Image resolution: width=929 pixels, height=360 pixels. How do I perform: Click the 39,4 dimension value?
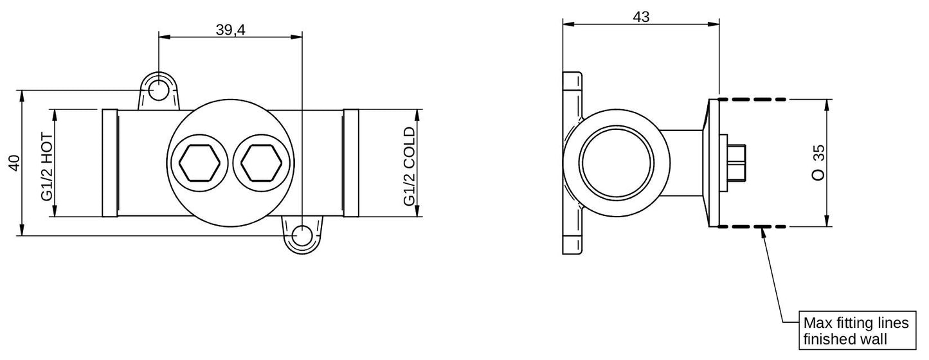click(231, 30)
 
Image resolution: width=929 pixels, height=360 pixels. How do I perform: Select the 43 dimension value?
click(641, 17)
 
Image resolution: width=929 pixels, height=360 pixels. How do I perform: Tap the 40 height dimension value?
click(15, 163)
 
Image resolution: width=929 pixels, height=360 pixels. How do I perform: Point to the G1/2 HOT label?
click(48, 167)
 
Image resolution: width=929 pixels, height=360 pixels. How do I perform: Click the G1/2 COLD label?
click(409, 166)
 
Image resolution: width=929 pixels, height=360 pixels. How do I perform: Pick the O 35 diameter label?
click(818, 162)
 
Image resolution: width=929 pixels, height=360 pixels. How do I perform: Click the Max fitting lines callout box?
click(857, 330)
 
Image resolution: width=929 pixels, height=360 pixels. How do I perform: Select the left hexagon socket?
click(199, 163)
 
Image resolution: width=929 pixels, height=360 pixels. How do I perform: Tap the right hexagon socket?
click(261, 163)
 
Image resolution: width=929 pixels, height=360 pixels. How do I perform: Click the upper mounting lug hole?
click(158, 90)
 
